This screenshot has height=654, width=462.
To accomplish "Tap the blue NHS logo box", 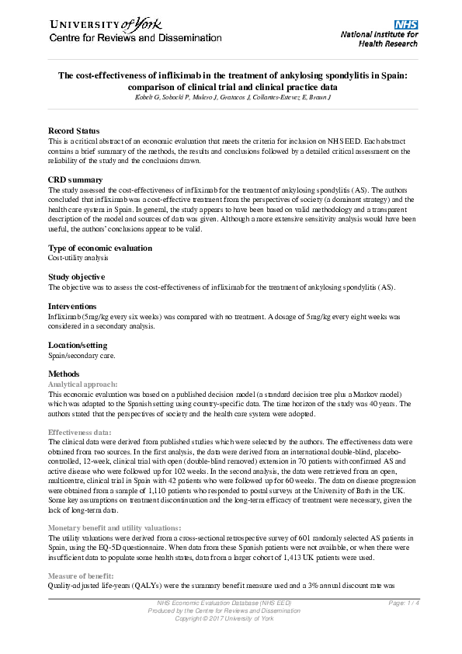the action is tap(406, 25).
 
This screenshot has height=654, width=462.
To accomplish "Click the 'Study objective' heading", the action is tap(77, 277).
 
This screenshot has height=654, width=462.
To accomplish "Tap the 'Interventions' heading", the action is tap(72, 307).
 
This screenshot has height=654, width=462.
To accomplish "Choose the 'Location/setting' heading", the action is tap(78, 345).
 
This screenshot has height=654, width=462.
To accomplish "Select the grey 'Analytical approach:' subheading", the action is tap(83, 384).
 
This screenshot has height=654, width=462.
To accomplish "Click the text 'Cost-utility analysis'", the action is tap(78, 257).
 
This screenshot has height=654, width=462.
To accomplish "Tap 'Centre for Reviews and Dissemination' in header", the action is tap(135, 38).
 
